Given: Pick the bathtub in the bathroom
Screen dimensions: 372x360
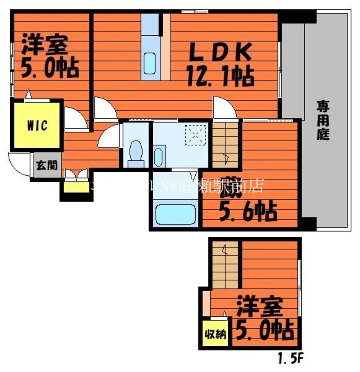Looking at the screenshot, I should [175, 214].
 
